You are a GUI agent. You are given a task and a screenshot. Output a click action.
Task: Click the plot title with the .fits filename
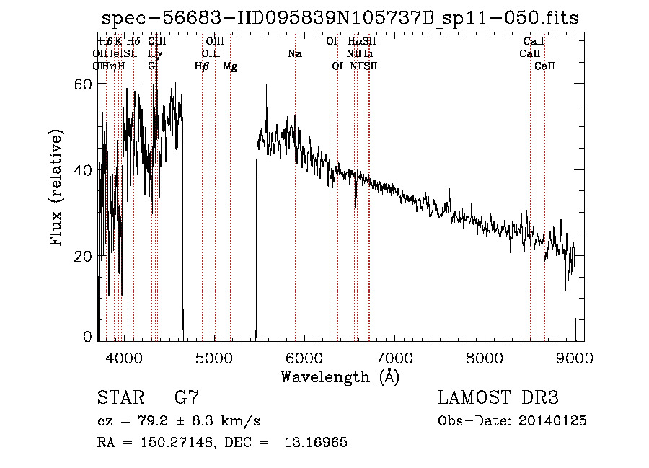[339, 18]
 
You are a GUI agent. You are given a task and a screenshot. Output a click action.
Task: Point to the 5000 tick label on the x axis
[214, 358]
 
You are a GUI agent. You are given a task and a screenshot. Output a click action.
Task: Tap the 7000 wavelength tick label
[394, 358]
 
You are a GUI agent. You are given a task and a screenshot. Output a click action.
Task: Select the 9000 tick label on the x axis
[575, 358]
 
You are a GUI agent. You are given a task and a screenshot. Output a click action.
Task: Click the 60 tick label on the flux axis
[85, 84]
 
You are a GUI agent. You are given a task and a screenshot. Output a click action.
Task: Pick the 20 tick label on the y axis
[85, 256]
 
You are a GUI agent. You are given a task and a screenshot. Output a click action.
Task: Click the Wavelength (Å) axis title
[340, 376]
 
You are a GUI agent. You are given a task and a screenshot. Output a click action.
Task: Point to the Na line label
[294, 54]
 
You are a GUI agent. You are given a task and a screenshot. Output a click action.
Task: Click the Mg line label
[230, 66]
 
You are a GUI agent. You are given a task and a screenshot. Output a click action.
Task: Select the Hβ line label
[202, 66]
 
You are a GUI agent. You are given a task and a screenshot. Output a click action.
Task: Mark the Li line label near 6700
[368, 54]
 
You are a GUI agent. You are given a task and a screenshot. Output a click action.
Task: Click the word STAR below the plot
[120, 398]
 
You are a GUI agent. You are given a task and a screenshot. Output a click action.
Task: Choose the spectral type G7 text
[186, 398]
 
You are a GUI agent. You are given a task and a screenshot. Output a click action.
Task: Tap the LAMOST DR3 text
[498, 398]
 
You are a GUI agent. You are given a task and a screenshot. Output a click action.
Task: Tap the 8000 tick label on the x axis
[485, 358]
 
